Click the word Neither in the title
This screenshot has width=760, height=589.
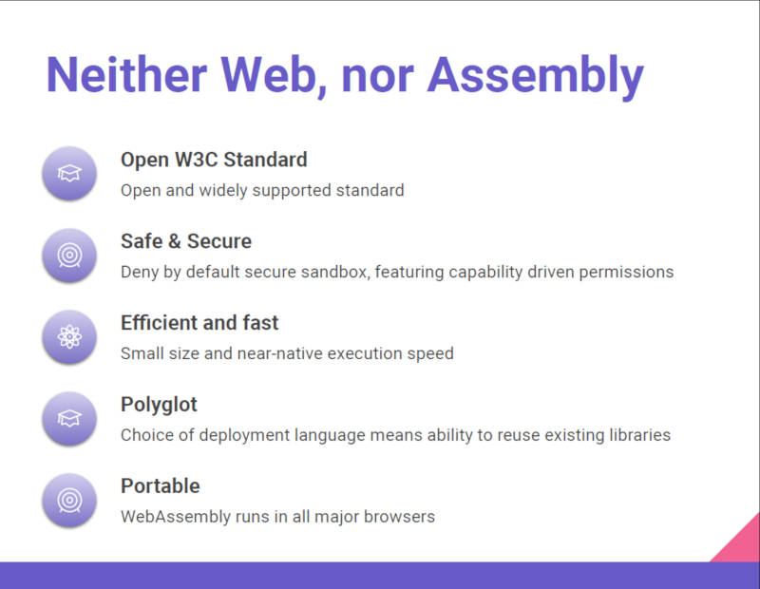click(x=126, y=75)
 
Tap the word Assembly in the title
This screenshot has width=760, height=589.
click(x=535, y=78)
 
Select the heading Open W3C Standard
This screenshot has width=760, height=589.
click(x=214, y=160)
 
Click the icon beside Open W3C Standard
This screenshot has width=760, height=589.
click(x=69, y=174)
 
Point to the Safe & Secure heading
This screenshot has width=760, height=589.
click(x=186, y=241)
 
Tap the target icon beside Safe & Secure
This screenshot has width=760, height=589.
click(x=69, y=256)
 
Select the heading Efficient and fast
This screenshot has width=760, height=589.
click(x=199, y=323)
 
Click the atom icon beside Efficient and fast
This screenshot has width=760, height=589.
click(x=69, y=337)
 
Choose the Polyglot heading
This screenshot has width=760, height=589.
click(x=159, y=405)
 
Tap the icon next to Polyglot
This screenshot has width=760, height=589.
click(x=69, y=418)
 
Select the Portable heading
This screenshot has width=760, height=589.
click(x=161, y=486)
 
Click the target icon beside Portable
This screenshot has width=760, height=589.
click(x=69, y=501)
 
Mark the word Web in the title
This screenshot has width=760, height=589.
click(x=274, y=76)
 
